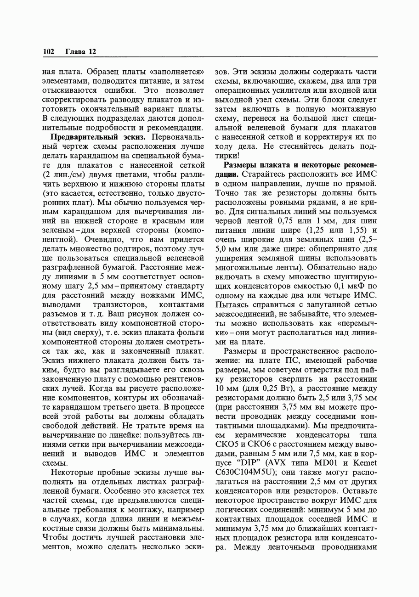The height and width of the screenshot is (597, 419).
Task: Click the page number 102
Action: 49,52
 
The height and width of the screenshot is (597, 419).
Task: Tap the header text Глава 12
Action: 81,52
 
